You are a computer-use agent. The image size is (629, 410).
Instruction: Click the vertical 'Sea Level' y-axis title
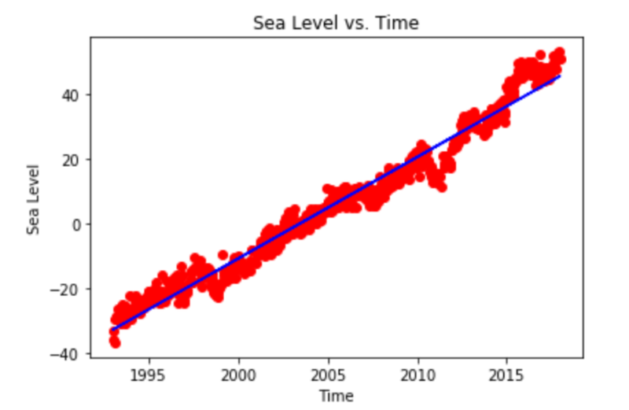(33, 198)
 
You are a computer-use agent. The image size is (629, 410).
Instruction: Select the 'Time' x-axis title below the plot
(336, 395)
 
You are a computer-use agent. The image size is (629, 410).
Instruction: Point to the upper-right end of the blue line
(560, 76)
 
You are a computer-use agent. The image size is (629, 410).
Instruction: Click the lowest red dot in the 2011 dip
(442, 187)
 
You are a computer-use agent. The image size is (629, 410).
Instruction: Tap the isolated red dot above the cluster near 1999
(223, 255)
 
